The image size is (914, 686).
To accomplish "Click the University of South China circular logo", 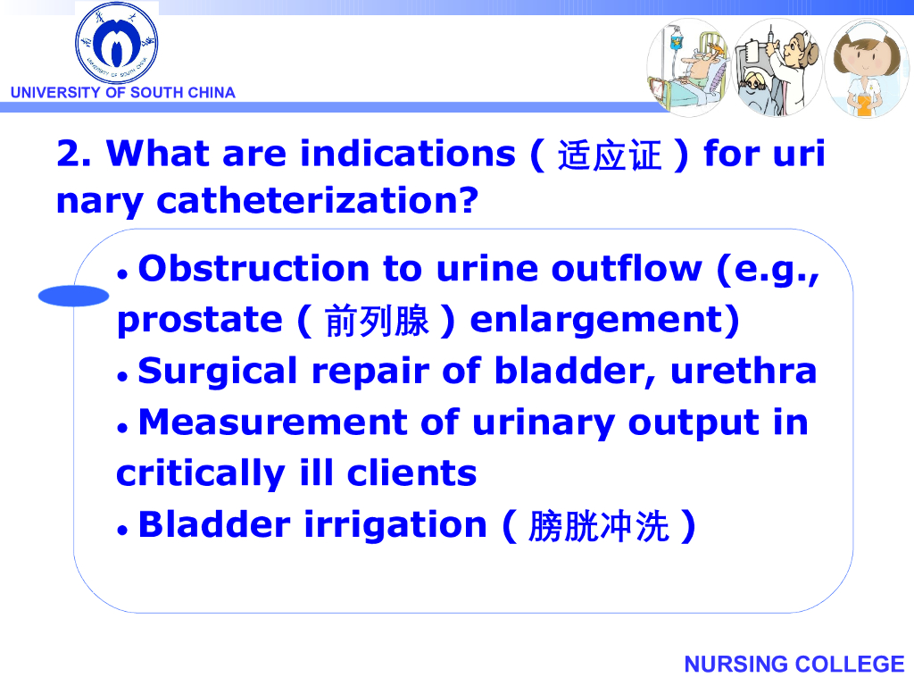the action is point(117,43).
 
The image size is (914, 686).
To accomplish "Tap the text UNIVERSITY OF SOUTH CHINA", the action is point(123,93).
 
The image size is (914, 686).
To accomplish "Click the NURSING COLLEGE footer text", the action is point(794,664).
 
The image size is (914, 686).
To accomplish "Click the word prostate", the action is point(200,321).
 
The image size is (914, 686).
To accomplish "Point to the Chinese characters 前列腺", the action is point(377,321).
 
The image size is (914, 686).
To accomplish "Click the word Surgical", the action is point(218,372).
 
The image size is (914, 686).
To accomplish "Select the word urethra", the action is point(744,371).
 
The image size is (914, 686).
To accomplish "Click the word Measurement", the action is point(273,422).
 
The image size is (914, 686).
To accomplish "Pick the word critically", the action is point(201,473).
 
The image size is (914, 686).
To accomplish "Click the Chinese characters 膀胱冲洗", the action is point(598,526).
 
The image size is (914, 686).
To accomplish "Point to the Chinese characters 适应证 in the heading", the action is point(609,155).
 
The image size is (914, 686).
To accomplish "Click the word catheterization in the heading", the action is point(318,201).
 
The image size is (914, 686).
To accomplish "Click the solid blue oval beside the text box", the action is point(73,296).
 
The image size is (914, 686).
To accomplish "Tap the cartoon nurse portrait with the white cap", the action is point(866,68).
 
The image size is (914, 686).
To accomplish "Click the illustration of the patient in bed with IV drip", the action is point(688,67).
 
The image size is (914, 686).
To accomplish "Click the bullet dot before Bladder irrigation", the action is point(122,530).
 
